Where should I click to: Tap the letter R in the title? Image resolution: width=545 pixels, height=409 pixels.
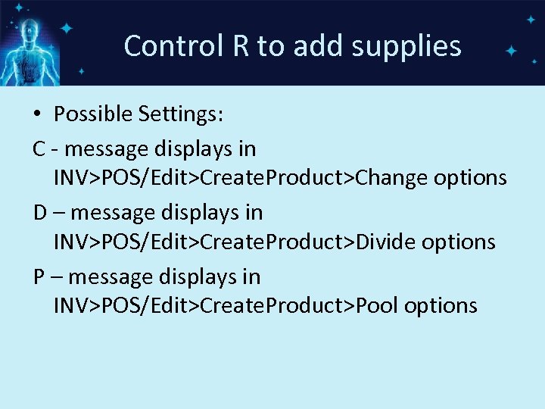241,46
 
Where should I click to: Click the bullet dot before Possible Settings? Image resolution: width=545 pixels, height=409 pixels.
37,114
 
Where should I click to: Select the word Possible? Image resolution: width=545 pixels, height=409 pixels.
93,114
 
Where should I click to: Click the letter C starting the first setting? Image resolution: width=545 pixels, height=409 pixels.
39,148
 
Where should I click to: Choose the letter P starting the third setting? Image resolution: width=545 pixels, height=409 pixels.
39,276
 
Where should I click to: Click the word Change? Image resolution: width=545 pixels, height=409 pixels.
391,177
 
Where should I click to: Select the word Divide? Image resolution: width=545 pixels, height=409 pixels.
386,242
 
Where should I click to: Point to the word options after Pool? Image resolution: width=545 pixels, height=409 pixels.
441,307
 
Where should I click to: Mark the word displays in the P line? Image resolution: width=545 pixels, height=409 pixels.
204,277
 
